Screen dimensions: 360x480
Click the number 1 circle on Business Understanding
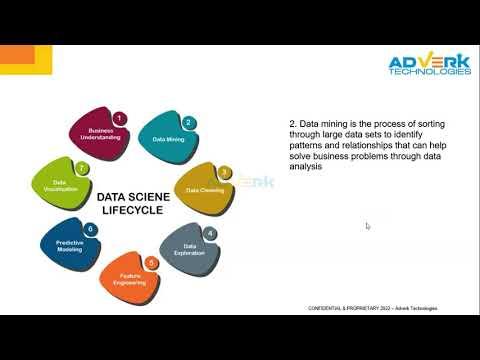click(x=119, y=118)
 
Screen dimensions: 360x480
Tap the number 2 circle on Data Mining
click(x=188, y=123)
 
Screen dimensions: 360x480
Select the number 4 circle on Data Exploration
click(x=210, y=233)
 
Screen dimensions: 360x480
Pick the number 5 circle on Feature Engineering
click(x=151, y=262)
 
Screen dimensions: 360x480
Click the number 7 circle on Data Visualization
click(x=82, y=169)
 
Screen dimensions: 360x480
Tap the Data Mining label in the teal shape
click(x=168, y=140)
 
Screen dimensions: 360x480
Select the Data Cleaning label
click(x=205, y=188)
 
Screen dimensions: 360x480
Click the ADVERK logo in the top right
click(x=429, y=61)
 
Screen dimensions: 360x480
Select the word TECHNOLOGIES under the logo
click(x=430, y=72)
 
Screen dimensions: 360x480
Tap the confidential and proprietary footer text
click(x=371, y=308)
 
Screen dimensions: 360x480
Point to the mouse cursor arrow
click(x=368, y=226)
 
